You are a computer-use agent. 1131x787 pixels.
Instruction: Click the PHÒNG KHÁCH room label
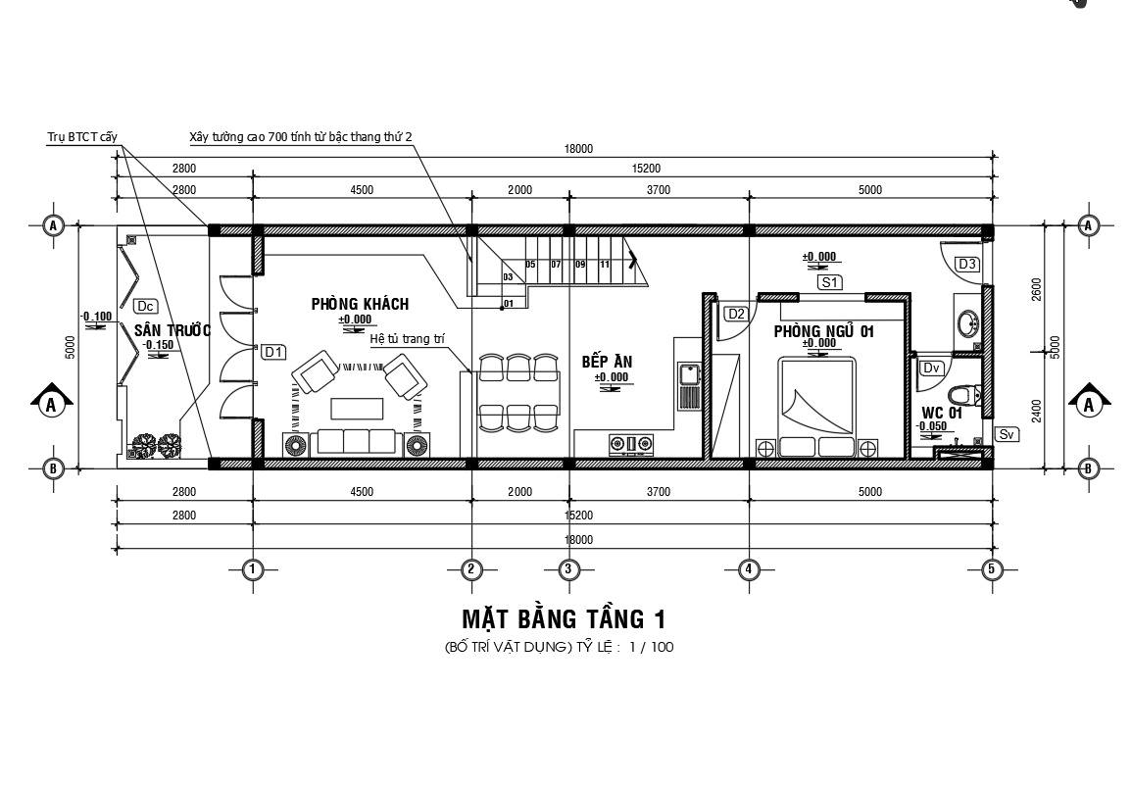[x=360, y=304]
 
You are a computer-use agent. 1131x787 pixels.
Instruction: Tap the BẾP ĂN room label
[x=607, y=362]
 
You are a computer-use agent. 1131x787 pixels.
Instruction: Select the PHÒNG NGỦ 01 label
[x=823, y=331]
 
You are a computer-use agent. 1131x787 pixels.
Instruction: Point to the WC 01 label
[x=941, y=413]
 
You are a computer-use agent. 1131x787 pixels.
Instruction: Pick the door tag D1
[x=272, y=351]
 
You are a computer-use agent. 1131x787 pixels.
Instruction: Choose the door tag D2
[x=736, y=314]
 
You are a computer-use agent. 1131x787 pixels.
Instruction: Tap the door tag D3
[x=966, y=264]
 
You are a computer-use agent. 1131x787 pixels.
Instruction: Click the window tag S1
[x=830, y=282]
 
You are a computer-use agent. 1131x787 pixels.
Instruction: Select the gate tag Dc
[x=145, y=306]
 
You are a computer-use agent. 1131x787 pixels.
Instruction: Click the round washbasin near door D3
[x=968, y=322]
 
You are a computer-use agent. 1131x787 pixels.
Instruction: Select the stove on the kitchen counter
[x=631, y=444]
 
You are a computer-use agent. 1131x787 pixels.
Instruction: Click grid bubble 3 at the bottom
[x=568, y=568]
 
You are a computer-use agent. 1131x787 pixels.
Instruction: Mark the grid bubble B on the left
[x=53, y=468]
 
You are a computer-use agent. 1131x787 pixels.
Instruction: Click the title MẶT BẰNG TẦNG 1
[x=564, y=619]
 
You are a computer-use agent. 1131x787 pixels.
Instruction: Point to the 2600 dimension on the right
[x=1037, y=289]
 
